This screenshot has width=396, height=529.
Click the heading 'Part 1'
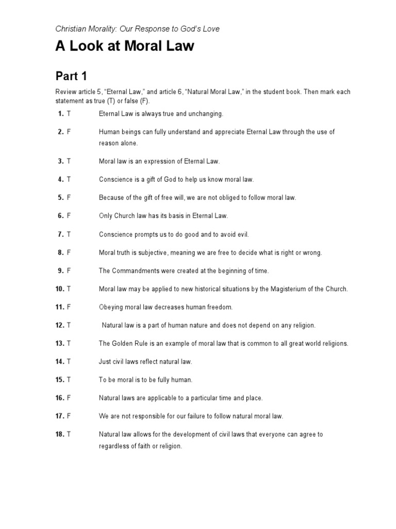(71, 77)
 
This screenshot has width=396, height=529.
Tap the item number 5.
(60, 197)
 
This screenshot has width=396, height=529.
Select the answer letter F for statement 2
(69, 132)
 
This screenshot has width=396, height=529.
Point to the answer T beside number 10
(69, 289)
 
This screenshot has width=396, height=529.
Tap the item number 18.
(59, 434)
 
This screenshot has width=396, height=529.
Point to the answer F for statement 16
(69, 398)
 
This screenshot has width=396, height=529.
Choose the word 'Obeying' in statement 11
(111, 307)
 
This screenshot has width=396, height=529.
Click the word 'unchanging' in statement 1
(205, 114)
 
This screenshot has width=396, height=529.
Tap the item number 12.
(59, 325)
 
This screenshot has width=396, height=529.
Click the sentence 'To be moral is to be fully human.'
(145, 380)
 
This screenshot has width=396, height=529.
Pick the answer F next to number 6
(69, 216)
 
